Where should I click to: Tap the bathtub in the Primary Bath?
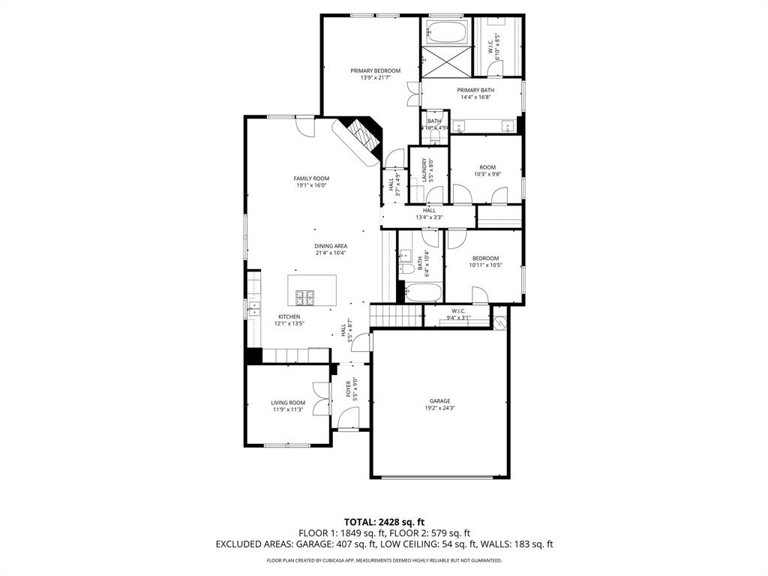[446, 32]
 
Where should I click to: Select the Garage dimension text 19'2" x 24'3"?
[439, 408]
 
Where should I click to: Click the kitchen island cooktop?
[305, 297]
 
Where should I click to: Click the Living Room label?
[288, 403]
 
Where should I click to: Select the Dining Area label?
[331, 246]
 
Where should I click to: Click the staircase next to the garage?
[397, 315]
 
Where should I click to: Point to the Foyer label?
[348, 388]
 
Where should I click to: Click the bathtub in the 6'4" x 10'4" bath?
[420, 292]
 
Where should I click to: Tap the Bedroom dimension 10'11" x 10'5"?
[485, 265]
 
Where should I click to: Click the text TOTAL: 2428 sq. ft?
[384, 521]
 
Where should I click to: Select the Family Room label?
[311, 178]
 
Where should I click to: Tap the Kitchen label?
[289, 316]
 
